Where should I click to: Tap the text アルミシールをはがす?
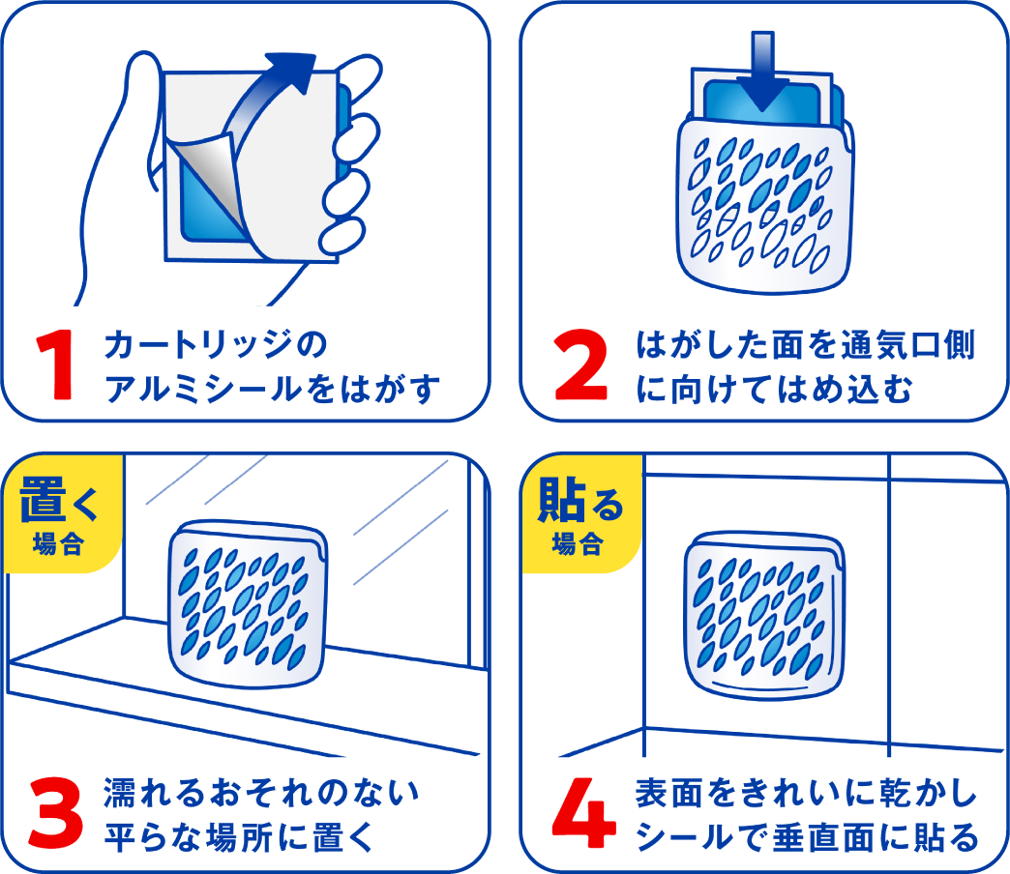click(271, 390)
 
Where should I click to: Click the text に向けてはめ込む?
click(774, 390)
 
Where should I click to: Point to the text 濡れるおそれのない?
click(261, 792)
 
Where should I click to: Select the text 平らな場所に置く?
click(238, 835)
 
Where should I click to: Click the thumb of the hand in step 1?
click(145, 97)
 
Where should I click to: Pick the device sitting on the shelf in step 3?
click(247, 604)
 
